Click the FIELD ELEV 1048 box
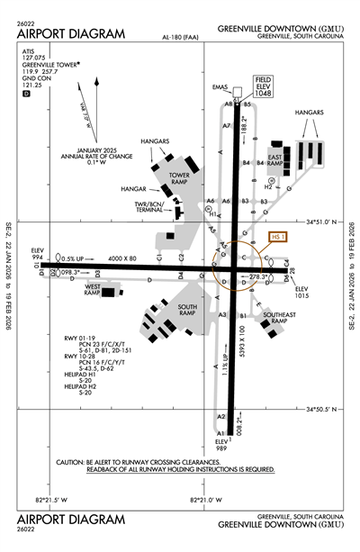263,86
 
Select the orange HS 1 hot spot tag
278,237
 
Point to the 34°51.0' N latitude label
328,222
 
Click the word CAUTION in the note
69,462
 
